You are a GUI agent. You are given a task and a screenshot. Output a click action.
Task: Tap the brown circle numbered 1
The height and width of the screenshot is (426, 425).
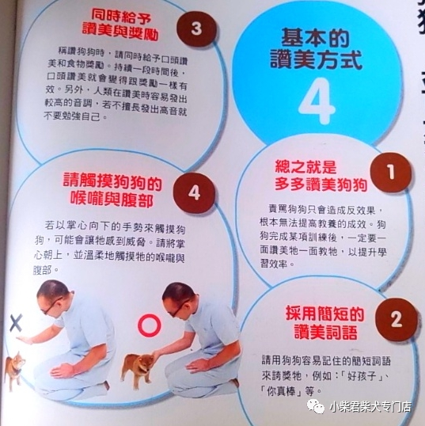click(391, 172)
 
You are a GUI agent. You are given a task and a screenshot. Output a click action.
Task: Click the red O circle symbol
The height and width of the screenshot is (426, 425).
click(148, 325)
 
